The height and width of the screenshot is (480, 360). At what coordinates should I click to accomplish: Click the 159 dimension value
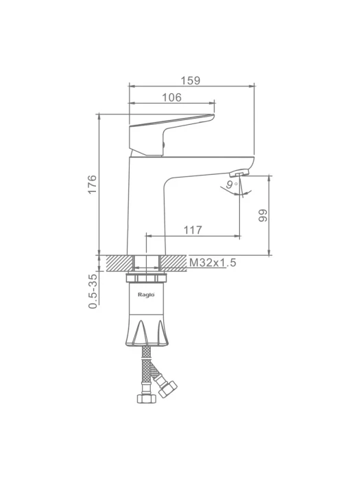pos(190,80)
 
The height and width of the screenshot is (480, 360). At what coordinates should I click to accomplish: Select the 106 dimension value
pos(171,97)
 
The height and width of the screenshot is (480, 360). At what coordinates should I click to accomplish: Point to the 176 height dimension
pos(92,184)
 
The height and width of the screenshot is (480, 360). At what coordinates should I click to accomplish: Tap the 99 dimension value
pos(263,215)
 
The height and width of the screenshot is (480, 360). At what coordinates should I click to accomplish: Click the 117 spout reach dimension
pos(193,230)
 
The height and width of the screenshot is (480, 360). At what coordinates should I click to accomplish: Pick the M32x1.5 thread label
pos(213,263)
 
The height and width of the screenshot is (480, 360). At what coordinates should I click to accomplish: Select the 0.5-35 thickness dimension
pos(93,291)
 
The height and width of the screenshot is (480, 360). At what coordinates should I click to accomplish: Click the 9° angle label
pos(232,184)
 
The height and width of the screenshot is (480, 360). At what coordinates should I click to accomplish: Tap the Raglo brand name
pos(146,295)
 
